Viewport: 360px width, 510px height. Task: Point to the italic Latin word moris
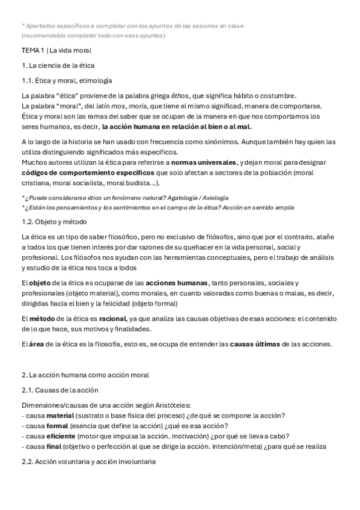click(x=138, y=106)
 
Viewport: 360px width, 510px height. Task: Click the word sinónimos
click(x=215, y=143)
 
